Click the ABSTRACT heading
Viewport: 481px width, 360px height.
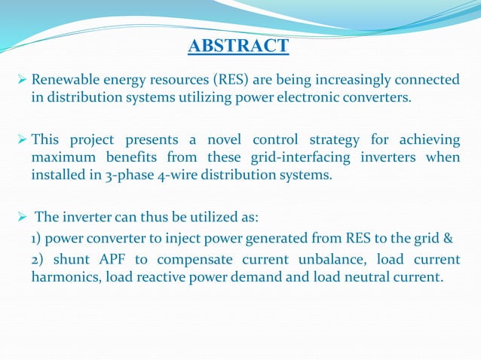pyautogui.click(x=237, y=47)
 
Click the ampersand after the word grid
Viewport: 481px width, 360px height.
pyautogui.click(x=446, y=240)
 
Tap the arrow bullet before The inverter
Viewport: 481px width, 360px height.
pyautogui.click(x=22, y=217)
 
